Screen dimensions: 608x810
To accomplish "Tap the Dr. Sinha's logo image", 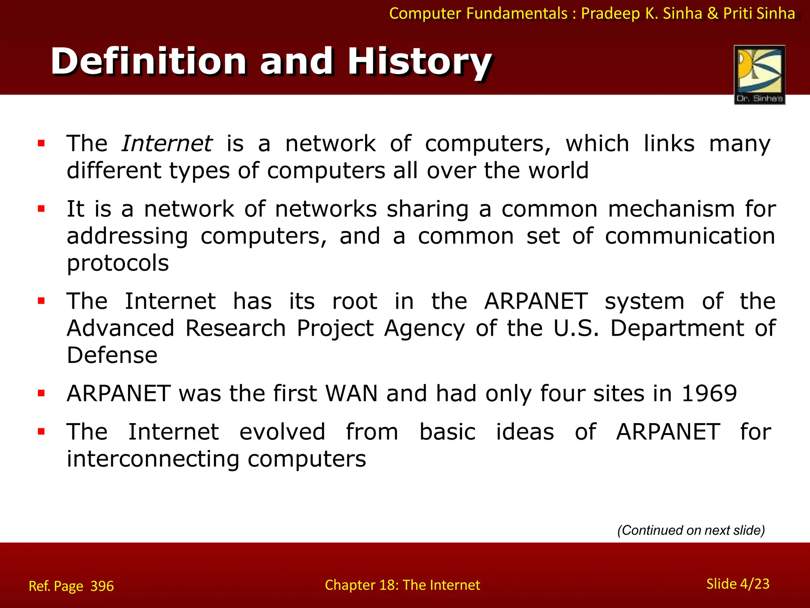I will [x=759, y=74].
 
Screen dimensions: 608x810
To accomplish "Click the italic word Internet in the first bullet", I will [x=167, y=143].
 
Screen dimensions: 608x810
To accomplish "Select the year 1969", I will [x=710, y=393].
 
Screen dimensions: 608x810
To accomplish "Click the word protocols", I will [x=118, y=263].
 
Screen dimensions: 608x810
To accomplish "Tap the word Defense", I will [x=112, y=355].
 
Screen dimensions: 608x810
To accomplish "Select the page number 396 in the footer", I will [x=102, y=586].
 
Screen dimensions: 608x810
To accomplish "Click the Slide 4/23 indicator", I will [x=738, y=584].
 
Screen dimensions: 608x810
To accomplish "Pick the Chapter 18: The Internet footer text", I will [x=402, y=585].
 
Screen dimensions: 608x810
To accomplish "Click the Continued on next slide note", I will [x=691, y=530].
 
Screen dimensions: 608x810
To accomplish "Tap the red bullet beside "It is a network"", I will [x=41, y=209].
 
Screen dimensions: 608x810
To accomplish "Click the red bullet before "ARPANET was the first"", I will [x=41, y=393].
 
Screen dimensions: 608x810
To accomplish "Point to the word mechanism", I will [x=672, y=209].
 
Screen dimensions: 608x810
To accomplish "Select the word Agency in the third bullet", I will [x=424, y=329].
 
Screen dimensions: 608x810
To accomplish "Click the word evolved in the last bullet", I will [x=282, y=432].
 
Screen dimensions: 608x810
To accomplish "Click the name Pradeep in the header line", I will [x=610, y=13].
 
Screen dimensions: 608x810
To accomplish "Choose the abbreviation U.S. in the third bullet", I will [x=576, y=329].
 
